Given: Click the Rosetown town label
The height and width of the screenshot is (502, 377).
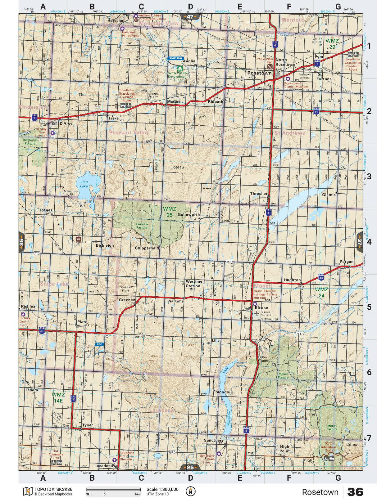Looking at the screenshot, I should (259, 73).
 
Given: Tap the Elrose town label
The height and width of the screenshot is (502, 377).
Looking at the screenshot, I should (261, 308).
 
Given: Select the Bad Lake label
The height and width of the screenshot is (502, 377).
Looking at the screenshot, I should (84, 184).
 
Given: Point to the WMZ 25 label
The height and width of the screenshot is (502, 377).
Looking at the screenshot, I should (170, 212).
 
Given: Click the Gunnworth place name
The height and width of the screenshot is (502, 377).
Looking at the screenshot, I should (188, 215).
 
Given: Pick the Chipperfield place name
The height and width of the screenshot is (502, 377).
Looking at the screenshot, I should (147, 248).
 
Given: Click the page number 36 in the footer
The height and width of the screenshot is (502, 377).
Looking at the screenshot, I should (355, 492).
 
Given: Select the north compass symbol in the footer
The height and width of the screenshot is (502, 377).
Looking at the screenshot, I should (190, 491).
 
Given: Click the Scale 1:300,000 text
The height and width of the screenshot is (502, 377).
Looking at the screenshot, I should (162, 489).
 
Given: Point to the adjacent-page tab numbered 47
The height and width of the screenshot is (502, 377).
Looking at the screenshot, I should (190, 17).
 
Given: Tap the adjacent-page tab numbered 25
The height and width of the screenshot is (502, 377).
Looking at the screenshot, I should (190, 467).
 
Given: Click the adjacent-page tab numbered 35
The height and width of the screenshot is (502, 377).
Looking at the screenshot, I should (21, 242).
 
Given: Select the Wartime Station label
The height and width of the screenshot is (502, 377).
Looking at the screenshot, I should (194, 284).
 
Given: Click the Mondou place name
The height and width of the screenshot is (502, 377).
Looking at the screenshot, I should (224, 392).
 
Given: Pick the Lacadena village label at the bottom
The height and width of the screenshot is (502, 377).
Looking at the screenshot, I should (103, 466).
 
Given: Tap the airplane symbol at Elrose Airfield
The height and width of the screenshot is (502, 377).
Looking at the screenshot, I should (257, 313).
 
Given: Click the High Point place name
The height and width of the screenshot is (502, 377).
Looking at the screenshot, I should (284, 449).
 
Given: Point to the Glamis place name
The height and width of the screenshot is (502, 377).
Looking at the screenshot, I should (329, 195).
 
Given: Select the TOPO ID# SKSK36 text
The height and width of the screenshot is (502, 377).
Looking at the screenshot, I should (53, 489).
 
